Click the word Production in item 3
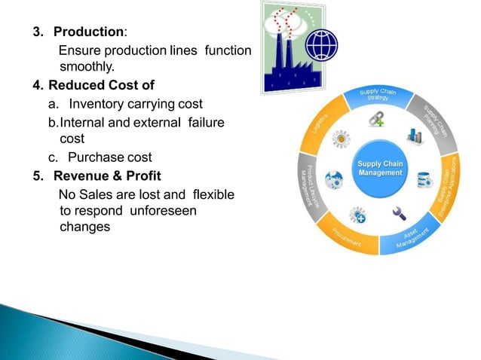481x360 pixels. coord(88,32)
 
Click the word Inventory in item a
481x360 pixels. coord(103,103)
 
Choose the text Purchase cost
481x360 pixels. coord(109,157)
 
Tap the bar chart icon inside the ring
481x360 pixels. coord(414,137)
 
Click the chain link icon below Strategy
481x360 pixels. coord(376,119)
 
